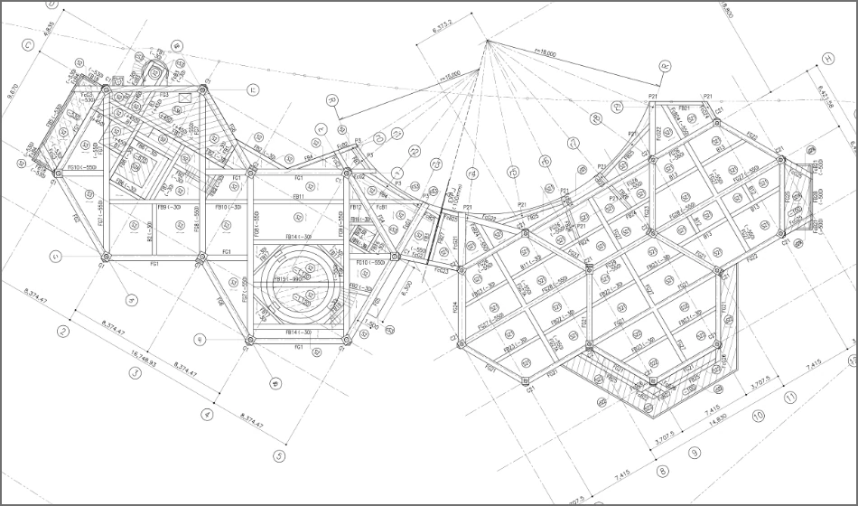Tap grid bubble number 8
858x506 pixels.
pyautogui.click(x=662, y=472)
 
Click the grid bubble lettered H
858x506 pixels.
pyautogui.click(x=827, y=59)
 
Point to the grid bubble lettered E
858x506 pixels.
pyautogui.click(x=254, y=89)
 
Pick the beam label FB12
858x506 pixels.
pyautogui.click(x=355, y=207)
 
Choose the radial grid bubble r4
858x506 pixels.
pyautogui.click(x=472, y=172)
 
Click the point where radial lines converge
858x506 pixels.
pyautogui.click(x=487, y=41)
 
